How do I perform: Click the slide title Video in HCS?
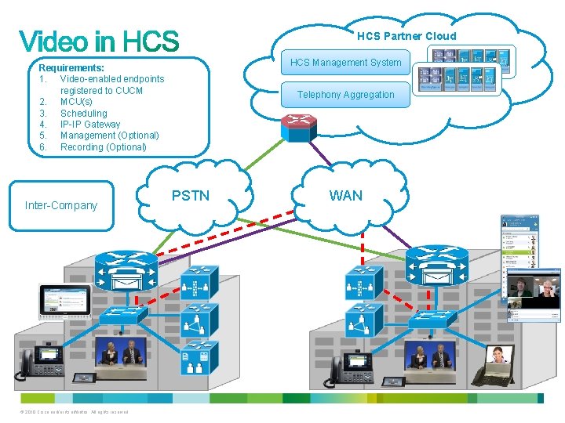[99, 42]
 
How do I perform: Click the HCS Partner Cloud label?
[406, 35]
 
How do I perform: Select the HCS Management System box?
[345, 63]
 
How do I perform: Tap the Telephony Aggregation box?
[345, 95]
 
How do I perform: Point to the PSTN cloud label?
[191, 195]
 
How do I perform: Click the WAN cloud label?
[345, 195]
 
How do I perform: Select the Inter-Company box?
[61, 205]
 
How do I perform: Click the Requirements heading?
[71, 68]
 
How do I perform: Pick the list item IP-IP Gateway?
[89, 124]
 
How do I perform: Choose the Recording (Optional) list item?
[103, 146]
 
